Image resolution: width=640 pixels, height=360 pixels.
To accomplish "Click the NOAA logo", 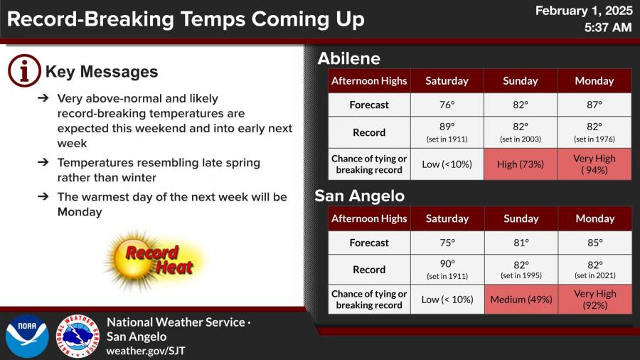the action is [x=27, y=337].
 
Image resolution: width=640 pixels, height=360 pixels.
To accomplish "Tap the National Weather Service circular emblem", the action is [x=78, y=337].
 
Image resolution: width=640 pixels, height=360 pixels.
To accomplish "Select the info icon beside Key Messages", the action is [x=24, y=70].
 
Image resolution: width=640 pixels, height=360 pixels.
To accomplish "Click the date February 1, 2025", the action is [x=584, y=11].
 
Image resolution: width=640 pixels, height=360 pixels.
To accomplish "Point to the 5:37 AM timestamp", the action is [x=608, y=27].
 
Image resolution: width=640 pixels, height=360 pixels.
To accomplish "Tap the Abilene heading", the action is [x=349, y=58].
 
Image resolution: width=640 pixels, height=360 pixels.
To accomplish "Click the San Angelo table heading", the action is [x=360, y=196].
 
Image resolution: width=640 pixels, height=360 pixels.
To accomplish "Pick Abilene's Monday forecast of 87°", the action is [x=594, y=105].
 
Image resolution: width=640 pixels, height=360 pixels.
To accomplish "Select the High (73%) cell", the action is [x=521, y=164].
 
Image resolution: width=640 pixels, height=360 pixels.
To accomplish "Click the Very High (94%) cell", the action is [x=594, y=164].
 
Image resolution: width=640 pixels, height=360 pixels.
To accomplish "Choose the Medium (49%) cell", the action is [x=521, y=300].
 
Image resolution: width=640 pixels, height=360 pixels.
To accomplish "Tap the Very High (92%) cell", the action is [x=595, y=300].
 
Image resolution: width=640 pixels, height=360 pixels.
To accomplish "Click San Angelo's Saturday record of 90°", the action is [x=447, y=270].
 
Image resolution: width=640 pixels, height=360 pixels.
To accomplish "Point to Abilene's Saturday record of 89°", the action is [x=447, y=132].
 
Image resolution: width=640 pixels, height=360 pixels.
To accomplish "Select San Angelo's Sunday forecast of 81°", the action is [x=521, y=243].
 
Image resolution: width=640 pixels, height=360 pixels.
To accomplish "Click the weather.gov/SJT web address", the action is [x=146, y=351].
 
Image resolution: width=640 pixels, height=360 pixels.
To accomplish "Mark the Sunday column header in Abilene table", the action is [x=521, y=81].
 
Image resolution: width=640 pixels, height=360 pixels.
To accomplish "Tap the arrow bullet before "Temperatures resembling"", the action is [x=43, y=162].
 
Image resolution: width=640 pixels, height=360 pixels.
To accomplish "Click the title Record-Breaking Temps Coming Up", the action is [x=186, y=19].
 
